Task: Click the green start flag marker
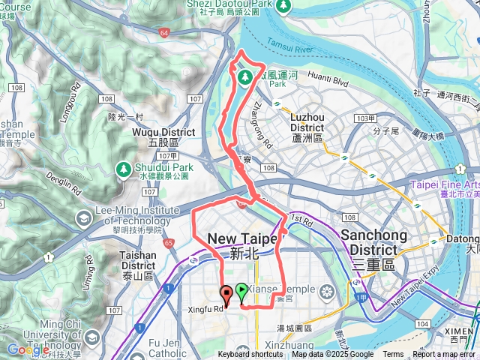coord(241,290)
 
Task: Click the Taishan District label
coord(138,259)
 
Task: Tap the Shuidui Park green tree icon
coord(122,169)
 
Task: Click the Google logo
coord(28,349)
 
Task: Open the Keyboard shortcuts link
coord(250,355)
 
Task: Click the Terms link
coord(393,355)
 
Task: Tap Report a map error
coord(445,355)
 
